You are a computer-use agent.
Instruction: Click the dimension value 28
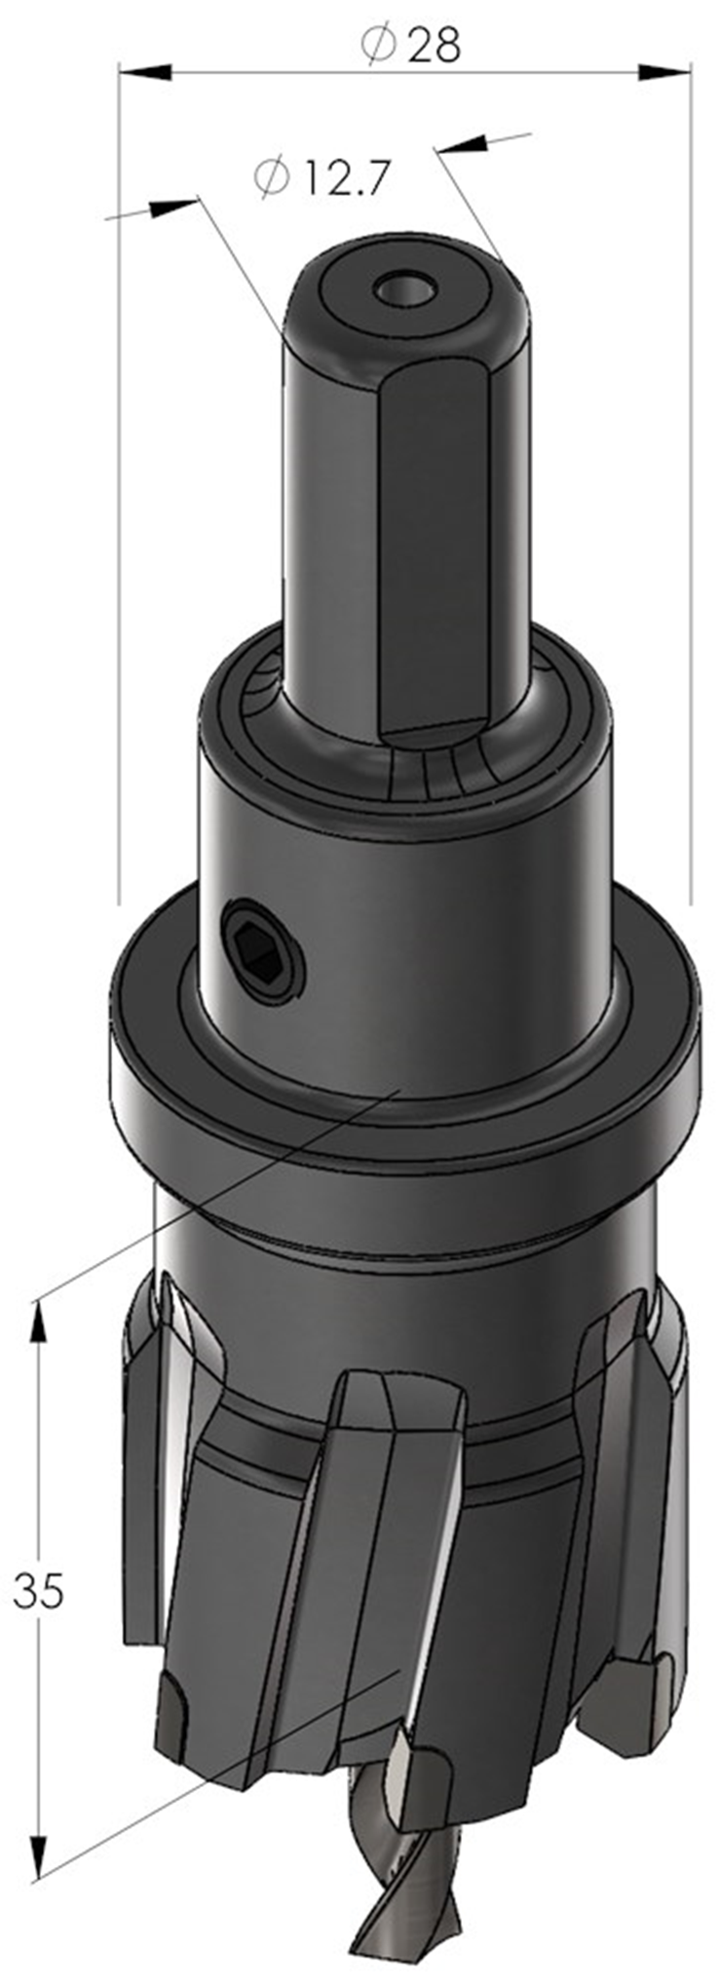433,44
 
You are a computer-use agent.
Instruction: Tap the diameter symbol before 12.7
274,178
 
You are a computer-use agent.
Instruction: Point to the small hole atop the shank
404,289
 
